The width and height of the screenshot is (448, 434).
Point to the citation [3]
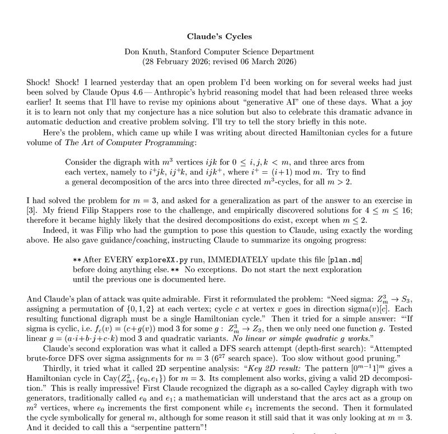coord(32,209)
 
